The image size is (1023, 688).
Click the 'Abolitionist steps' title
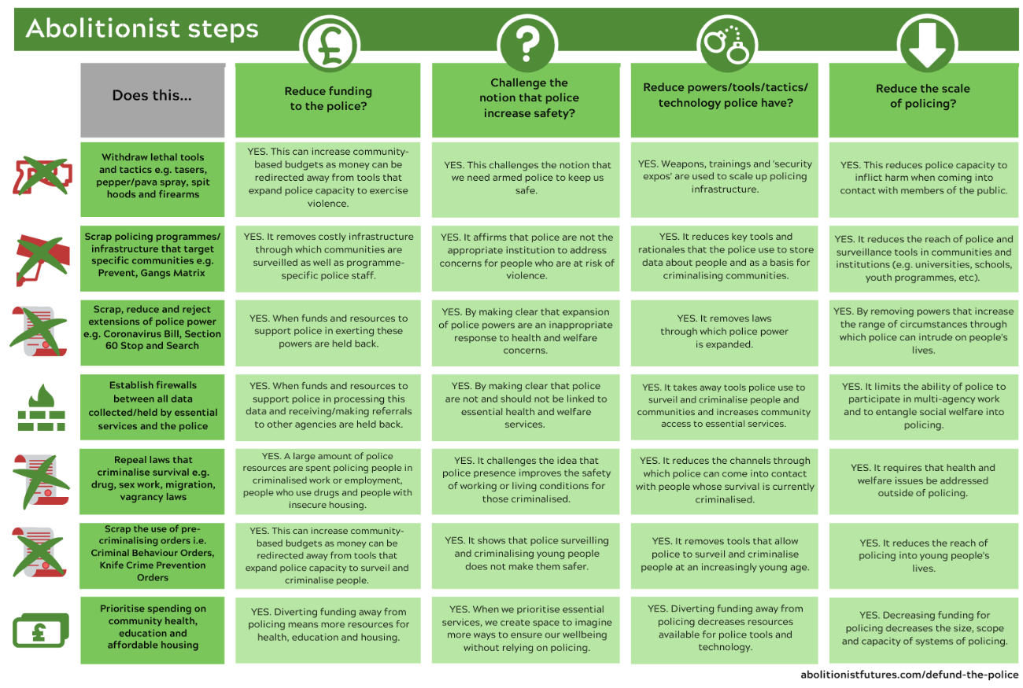[x=142, y=28]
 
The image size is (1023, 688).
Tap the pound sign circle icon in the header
[x=330, y=45]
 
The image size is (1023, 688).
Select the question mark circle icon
[x=527, y=45]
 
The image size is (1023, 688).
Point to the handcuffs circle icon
[x=727, y=45]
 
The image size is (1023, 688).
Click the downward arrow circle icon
[x=927, y=44]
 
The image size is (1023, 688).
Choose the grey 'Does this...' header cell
[x=153, y=100]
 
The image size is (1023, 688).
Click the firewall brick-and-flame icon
[x=41, y=407]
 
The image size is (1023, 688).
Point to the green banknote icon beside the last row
[x=41, y=630]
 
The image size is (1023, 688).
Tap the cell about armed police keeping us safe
[x=526, y=179]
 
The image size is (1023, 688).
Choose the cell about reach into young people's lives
[x=923, y=556]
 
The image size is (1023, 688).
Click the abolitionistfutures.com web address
[x=909, y=675]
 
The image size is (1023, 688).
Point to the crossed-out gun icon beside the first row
[x=42, y=176]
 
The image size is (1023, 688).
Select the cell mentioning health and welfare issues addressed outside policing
[x=923, y=481]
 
